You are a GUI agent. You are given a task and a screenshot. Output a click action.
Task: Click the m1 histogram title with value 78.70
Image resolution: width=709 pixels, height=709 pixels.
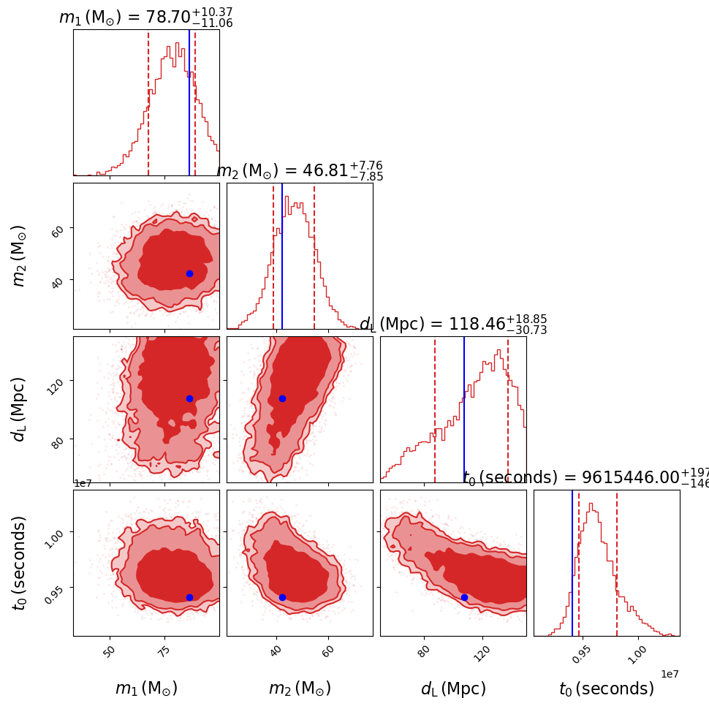click(x=145, y=18)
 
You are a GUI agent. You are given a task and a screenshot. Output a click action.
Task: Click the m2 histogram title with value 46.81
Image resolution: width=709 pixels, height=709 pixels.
click(x=300, y=171)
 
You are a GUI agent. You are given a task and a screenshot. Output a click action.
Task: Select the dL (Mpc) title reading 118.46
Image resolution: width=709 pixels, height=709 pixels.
click(x=453, y=325)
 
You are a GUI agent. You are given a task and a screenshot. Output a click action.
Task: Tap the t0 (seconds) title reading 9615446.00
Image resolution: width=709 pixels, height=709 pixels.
click(x=585, y=478)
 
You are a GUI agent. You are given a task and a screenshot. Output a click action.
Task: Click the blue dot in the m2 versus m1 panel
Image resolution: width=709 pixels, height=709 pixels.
click(x=189, y=273)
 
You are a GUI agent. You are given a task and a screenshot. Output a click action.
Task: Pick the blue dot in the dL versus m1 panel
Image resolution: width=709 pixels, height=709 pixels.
click(x=189, y=398)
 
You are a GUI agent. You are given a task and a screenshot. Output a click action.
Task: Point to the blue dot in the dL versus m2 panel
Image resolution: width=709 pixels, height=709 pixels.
click(x=282, y=398)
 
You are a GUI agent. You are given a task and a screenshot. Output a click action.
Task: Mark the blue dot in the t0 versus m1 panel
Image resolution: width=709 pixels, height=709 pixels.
click(x=189, y=597)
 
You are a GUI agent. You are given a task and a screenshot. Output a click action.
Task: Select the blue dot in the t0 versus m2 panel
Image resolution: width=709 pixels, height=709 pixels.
click(x=282, y=597)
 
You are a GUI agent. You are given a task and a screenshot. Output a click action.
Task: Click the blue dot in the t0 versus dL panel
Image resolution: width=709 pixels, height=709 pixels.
click(x=464, y=597)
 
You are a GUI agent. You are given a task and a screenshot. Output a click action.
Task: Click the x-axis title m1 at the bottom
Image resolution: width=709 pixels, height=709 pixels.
click(x=146, y=689)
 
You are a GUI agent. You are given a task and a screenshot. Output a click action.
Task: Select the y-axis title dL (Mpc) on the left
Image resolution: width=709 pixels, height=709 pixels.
click(x=19, y=409)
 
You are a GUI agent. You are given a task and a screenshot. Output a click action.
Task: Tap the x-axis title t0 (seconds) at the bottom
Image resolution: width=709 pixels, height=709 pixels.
click(x=607, y=689)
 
